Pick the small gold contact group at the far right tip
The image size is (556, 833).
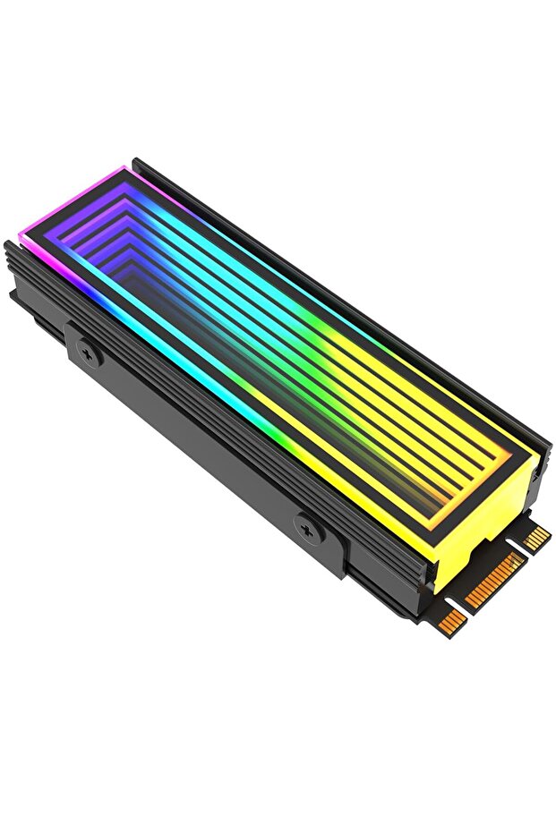tap(537, 537)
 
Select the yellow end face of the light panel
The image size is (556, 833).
tap(488, 528)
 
